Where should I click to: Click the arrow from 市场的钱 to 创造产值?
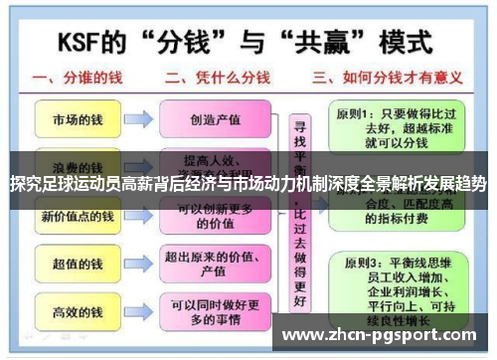pos(138,120)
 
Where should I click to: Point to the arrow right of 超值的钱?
pos(138,264)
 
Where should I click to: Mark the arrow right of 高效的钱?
pos(138,311)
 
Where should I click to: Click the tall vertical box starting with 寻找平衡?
pos(295,214)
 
